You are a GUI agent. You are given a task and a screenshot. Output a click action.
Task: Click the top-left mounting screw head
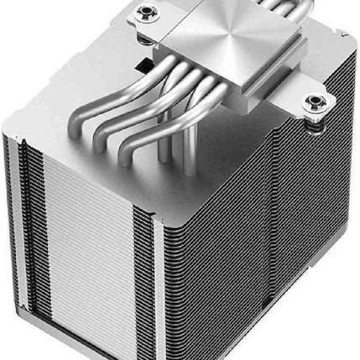[x=149, y=12]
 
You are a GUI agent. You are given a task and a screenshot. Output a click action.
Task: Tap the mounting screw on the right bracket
[x=315, y=102]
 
